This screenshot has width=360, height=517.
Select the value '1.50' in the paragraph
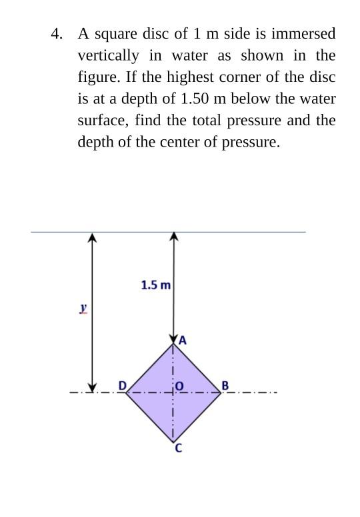195,99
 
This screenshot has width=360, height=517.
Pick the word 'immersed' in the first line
307,33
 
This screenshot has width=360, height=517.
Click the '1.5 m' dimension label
155,285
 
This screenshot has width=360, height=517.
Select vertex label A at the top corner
183,340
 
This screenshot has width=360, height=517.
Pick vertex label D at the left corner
122,385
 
